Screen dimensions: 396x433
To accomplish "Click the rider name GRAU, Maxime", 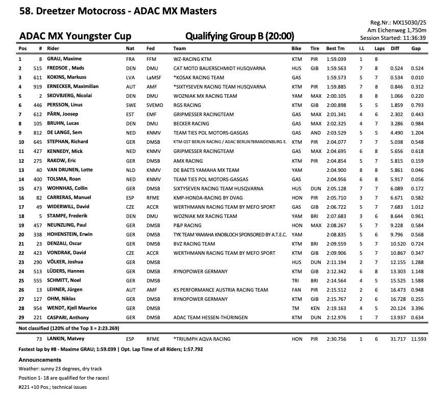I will tap(64, 59).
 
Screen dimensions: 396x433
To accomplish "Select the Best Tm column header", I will tap(335, 49).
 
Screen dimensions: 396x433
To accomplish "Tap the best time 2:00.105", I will tap(335, 96).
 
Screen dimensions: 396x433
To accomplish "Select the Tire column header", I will tap(315, 49).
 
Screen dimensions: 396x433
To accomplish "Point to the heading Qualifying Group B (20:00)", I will tap(239, 36).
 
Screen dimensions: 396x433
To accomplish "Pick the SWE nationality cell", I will tap(131, 105).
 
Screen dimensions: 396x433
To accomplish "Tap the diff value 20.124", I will tap(397, 308).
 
